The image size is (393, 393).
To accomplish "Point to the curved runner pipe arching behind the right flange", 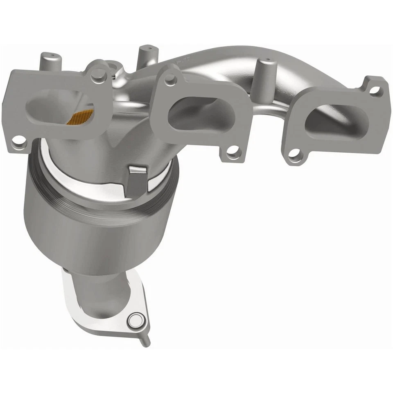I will tap(221, 61).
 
